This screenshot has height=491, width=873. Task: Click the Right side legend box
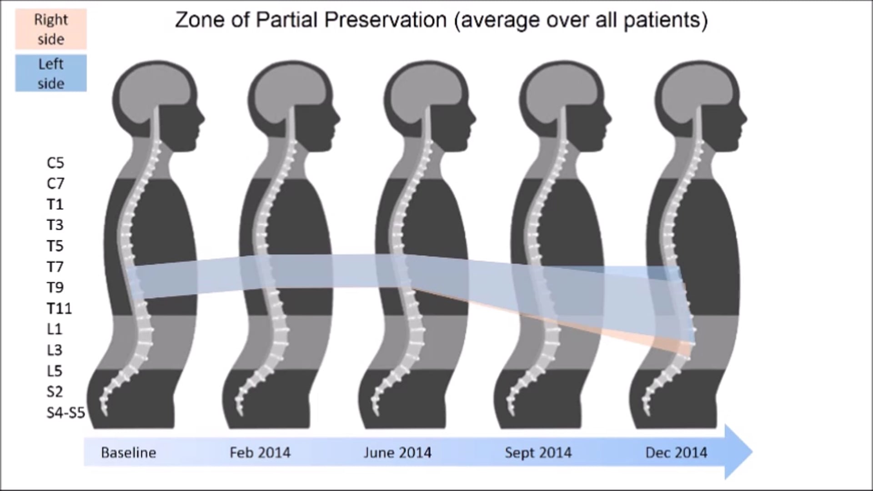pos(51,29)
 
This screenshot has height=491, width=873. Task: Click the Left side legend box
pos(51,73)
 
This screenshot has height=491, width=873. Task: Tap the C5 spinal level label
pos(55,163)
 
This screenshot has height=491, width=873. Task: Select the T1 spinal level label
pos(55,205)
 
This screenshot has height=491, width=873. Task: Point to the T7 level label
pos(55,267)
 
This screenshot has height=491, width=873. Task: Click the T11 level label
pos(59,309)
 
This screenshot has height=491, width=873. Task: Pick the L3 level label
pos(55,350)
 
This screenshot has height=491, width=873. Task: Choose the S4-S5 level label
pos(66,413)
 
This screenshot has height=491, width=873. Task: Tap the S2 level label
pos(55,391)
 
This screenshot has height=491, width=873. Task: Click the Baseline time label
pos(128,453)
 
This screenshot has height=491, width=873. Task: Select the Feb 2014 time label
pos(260,453)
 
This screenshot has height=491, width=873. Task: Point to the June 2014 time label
pos(397,453)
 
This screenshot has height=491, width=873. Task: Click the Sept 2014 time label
pos(538,453)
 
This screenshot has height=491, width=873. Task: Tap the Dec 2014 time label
pos(676,453)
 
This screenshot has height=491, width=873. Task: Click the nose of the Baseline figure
pos(203,119)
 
